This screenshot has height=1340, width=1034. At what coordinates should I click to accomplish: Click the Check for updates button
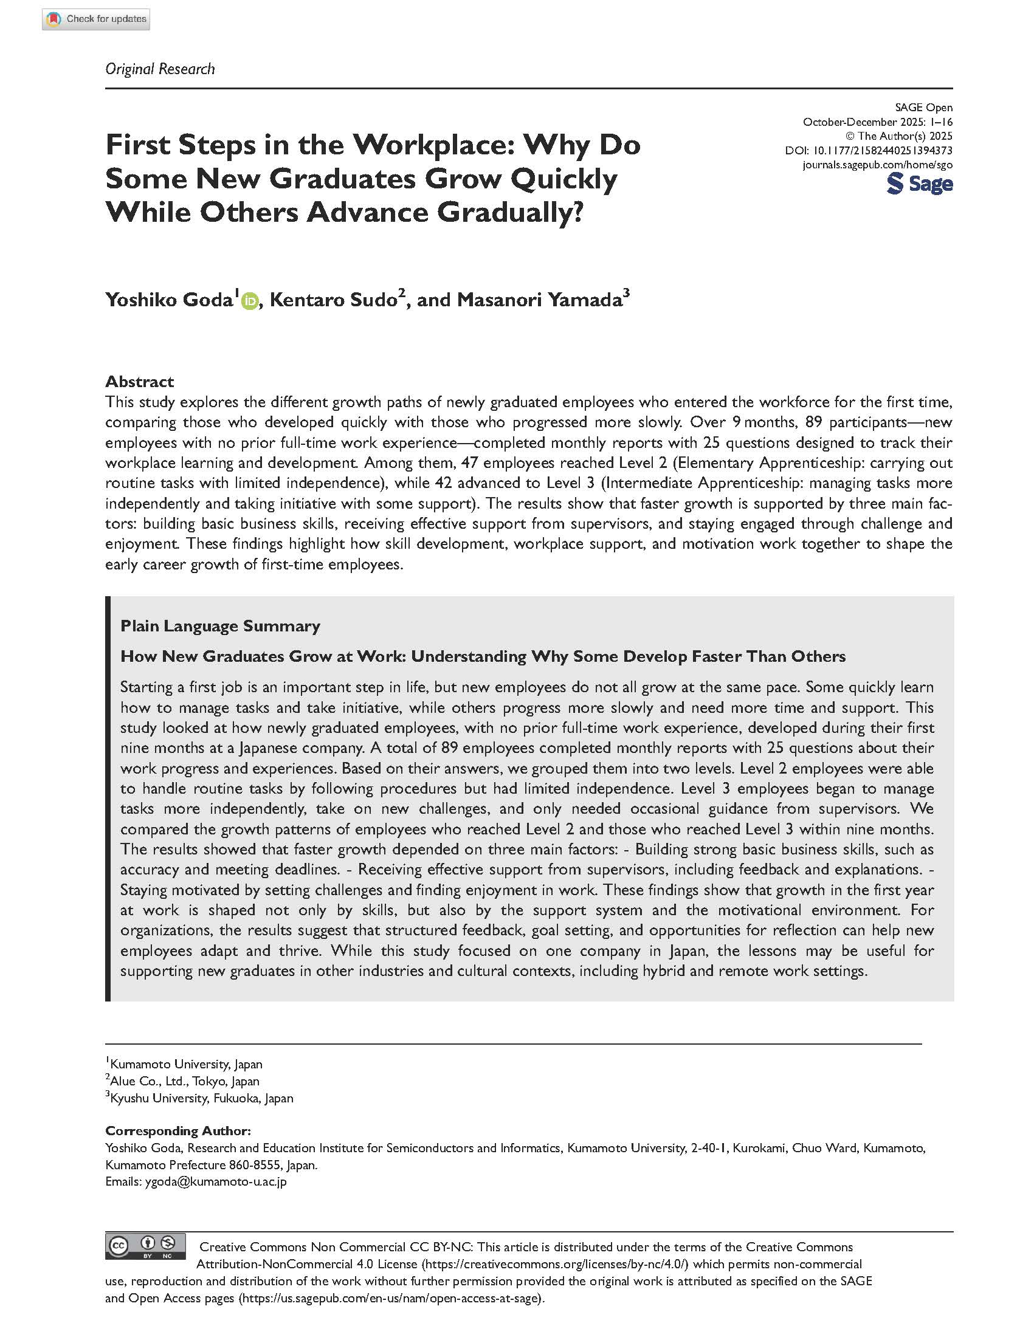coord(95,19)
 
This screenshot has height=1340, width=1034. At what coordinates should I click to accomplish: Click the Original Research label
coord(160,69)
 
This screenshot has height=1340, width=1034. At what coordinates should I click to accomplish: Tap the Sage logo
coord(919,184)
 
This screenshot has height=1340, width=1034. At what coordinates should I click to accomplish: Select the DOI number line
coord(868,150)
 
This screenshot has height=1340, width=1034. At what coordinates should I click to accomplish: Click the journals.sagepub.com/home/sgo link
coord(877,165)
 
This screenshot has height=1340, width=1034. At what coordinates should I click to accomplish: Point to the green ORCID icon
coord(249,301)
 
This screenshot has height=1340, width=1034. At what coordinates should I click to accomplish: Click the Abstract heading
coord(139,382)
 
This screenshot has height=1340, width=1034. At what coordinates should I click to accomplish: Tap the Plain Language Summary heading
coord(220,626)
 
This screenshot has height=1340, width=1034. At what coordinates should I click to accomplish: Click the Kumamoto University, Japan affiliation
coord(185,1064)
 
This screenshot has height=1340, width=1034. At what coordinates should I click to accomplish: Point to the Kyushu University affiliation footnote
coord(201,1098)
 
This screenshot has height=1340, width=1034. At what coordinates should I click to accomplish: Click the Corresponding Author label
coord(178,1131)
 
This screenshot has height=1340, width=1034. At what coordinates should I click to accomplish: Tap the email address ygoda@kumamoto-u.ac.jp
coord(215,1181)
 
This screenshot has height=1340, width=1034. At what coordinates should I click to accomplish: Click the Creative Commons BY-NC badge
coord(146,1246)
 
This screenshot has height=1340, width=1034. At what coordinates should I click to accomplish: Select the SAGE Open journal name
coord(923,108)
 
